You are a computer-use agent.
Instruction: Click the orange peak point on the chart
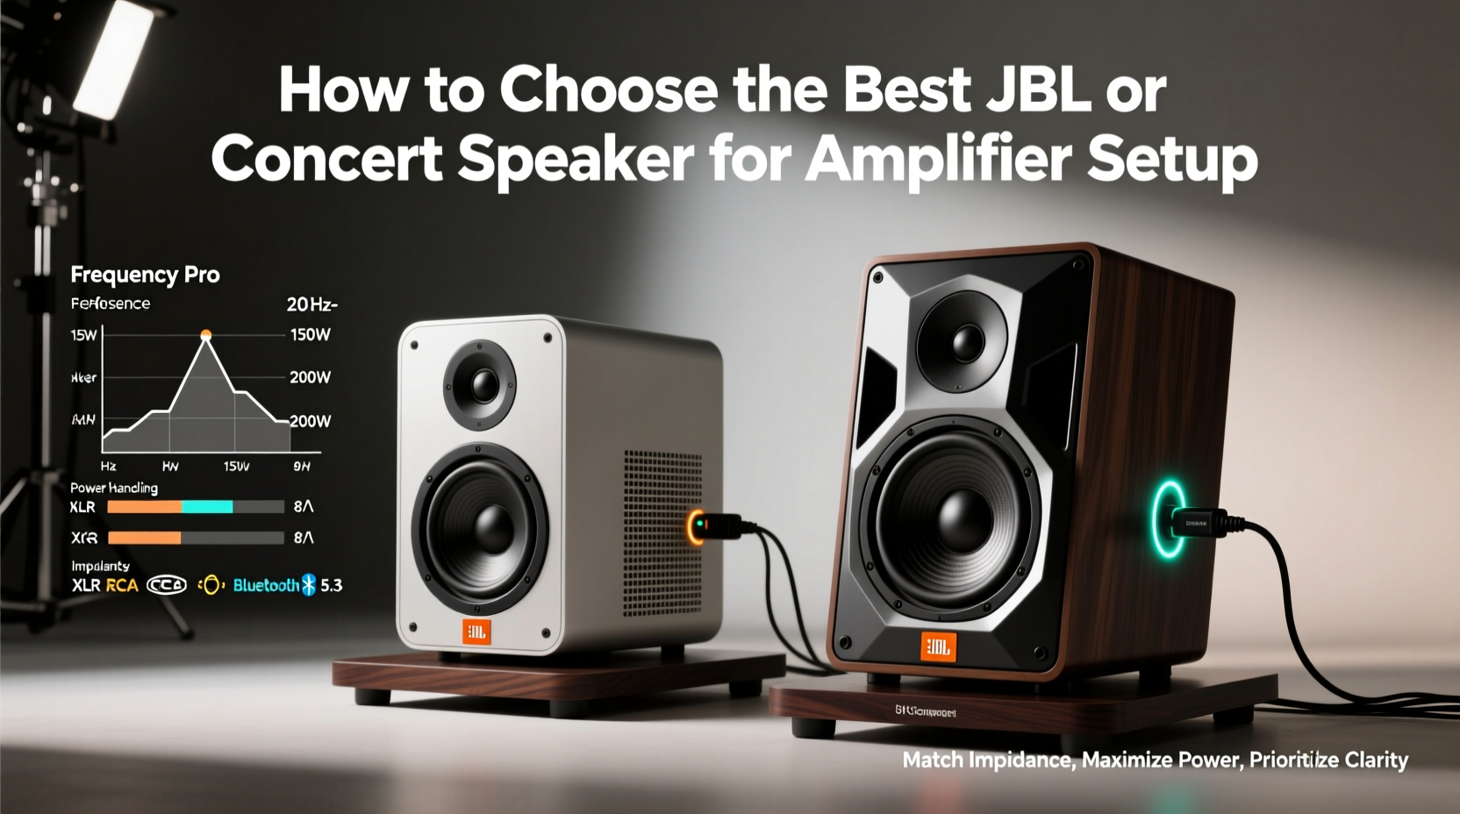point(206,335)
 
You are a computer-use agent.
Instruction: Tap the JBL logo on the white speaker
point(476,632)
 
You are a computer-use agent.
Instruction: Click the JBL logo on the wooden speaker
point(937,647)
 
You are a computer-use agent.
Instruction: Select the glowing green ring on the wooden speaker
point(1168,518)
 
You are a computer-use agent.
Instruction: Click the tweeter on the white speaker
point(480,384)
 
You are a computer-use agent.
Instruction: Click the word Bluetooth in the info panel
point(266,585)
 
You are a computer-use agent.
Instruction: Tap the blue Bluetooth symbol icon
point(308,585)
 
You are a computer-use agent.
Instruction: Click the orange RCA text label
point(122,585)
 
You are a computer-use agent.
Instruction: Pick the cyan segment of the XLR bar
point(207,506)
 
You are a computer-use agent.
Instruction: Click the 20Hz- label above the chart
point(311,304)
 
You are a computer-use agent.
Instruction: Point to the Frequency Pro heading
point(145,275)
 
